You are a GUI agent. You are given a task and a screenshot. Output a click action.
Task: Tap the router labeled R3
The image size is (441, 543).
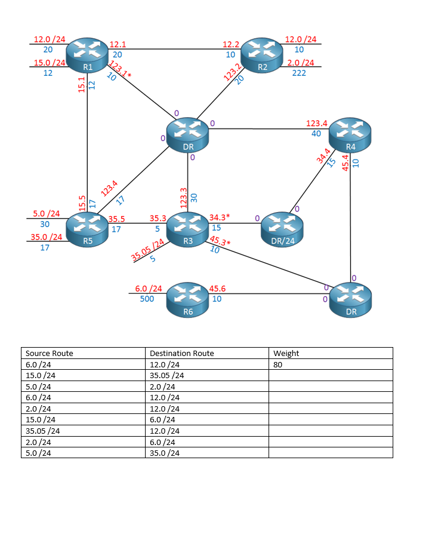(187, 230)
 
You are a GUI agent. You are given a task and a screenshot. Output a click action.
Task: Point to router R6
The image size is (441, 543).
(187, 299)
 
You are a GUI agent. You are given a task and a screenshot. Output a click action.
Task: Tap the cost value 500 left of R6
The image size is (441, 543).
(147, 299)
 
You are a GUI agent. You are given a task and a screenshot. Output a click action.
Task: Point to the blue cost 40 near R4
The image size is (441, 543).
(316, 133)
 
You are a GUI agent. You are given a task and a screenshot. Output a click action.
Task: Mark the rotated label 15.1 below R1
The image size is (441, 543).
(82, 84)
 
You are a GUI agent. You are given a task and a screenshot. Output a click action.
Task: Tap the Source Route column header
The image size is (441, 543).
(49, 353)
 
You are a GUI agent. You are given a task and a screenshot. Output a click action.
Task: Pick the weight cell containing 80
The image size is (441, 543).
(278, 364)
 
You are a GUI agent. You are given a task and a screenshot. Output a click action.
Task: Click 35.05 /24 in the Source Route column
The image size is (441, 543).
(42, 431)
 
